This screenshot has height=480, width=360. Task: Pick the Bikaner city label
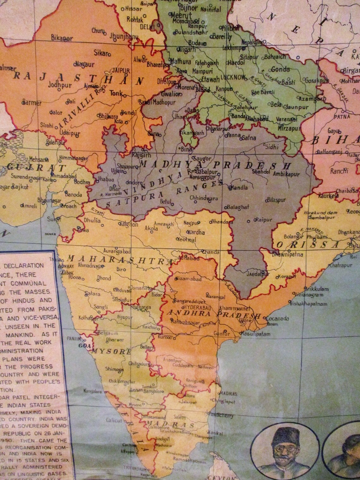pyautogui.click(x=62, y=38)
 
